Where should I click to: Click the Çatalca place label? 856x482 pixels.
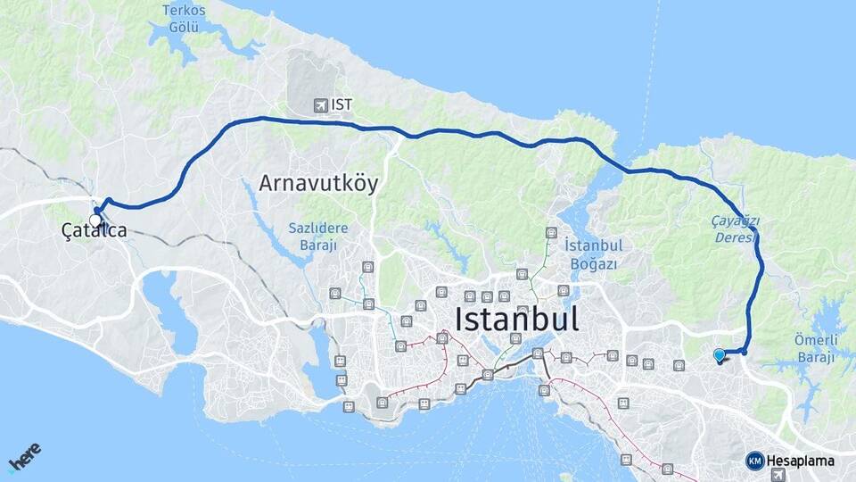[95, 230]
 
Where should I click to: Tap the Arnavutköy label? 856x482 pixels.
[318, 184]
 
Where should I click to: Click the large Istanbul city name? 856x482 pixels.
[516, 319]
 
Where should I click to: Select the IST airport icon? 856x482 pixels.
[320, 105]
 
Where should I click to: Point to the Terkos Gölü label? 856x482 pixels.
[184, 18]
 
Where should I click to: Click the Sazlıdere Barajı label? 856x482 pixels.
[317, 237]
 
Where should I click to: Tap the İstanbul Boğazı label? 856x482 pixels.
[592, 253]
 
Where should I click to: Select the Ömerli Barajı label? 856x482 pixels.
[815, 348]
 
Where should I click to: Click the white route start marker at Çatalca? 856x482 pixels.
[95, 219]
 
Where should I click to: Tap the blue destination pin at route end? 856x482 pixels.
[720, 355]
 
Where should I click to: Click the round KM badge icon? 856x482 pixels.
[755, 461]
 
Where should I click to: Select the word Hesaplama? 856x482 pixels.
[801, 461]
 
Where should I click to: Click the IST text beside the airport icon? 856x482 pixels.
[342, 105]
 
